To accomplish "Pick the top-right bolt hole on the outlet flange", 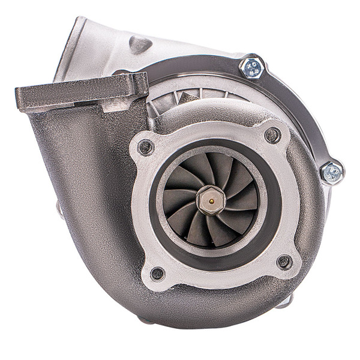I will coord(272,136).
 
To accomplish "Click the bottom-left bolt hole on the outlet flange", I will coord(157,274).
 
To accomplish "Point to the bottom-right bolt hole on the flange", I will coord(284,262).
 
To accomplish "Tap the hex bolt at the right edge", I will coord(331,173).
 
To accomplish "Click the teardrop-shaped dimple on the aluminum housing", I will coord(140,44).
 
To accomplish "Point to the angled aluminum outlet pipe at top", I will coord(90,48).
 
